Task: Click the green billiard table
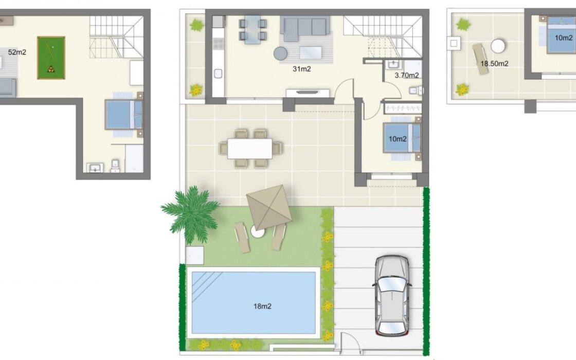click(x=51, y=58)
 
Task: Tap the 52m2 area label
click(x=17, y=52)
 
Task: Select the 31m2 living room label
click(x=301, y=69)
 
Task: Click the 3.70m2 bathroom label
click(x=407, y=75)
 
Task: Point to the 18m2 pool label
click(x=262, y=306)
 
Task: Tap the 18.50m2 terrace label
click(x=494, y=64)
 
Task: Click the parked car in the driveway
click(x=392, y=296)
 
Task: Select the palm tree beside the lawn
click(x=191, y=214)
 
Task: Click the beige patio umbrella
click(x=269, y=208)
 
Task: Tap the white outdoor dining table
click(x=250, y=149)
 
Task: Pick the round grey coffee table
click(x=280, y=53)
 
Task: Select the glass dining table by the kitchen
click(x=253, y=29)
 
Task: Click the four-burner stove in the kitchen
click(x=218, y=44)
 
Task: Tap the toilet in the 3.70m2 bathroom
click(x=416, y=90)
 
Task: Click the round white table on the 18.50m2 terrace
click(x=498, y=46)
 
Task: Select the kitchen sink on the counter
click(x=218, y=74)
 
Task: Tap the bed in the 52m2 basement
click(x=124, y=114)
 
